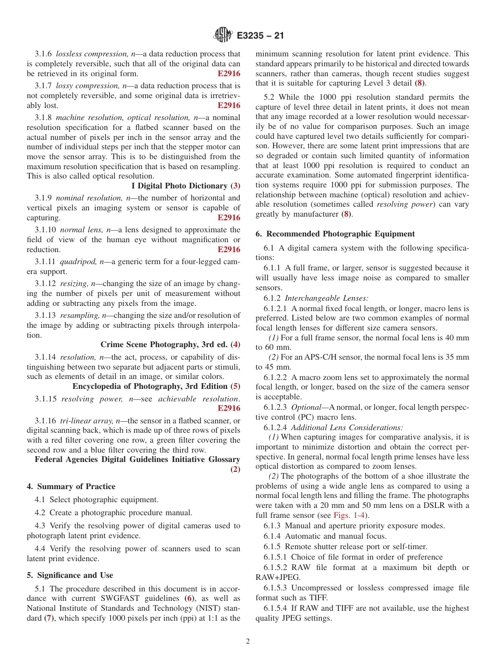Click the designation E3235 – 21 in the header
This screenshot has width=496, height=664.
(x=260, y=36)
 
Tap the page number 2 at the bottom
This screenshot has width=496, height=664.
(x=248, y=642)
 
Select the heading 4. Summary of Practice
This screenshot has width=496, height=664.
(x=71, y=486)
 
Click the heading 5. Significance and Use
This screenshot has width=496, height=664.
(x=69, y=575)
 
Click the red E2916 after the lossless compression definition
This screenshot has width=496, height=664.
(x=229, y=74)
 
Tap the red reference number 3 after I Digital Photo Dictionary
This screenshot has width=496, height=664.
(x=235, y=186)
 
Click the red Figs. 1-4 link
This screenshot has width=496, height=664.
(x=348, y=515)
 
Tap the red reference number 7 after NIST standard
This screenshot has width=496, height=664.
(x=48, y=618)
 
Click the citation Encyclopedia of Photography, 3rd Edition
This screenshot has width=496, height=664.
(x=151, y=386)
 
